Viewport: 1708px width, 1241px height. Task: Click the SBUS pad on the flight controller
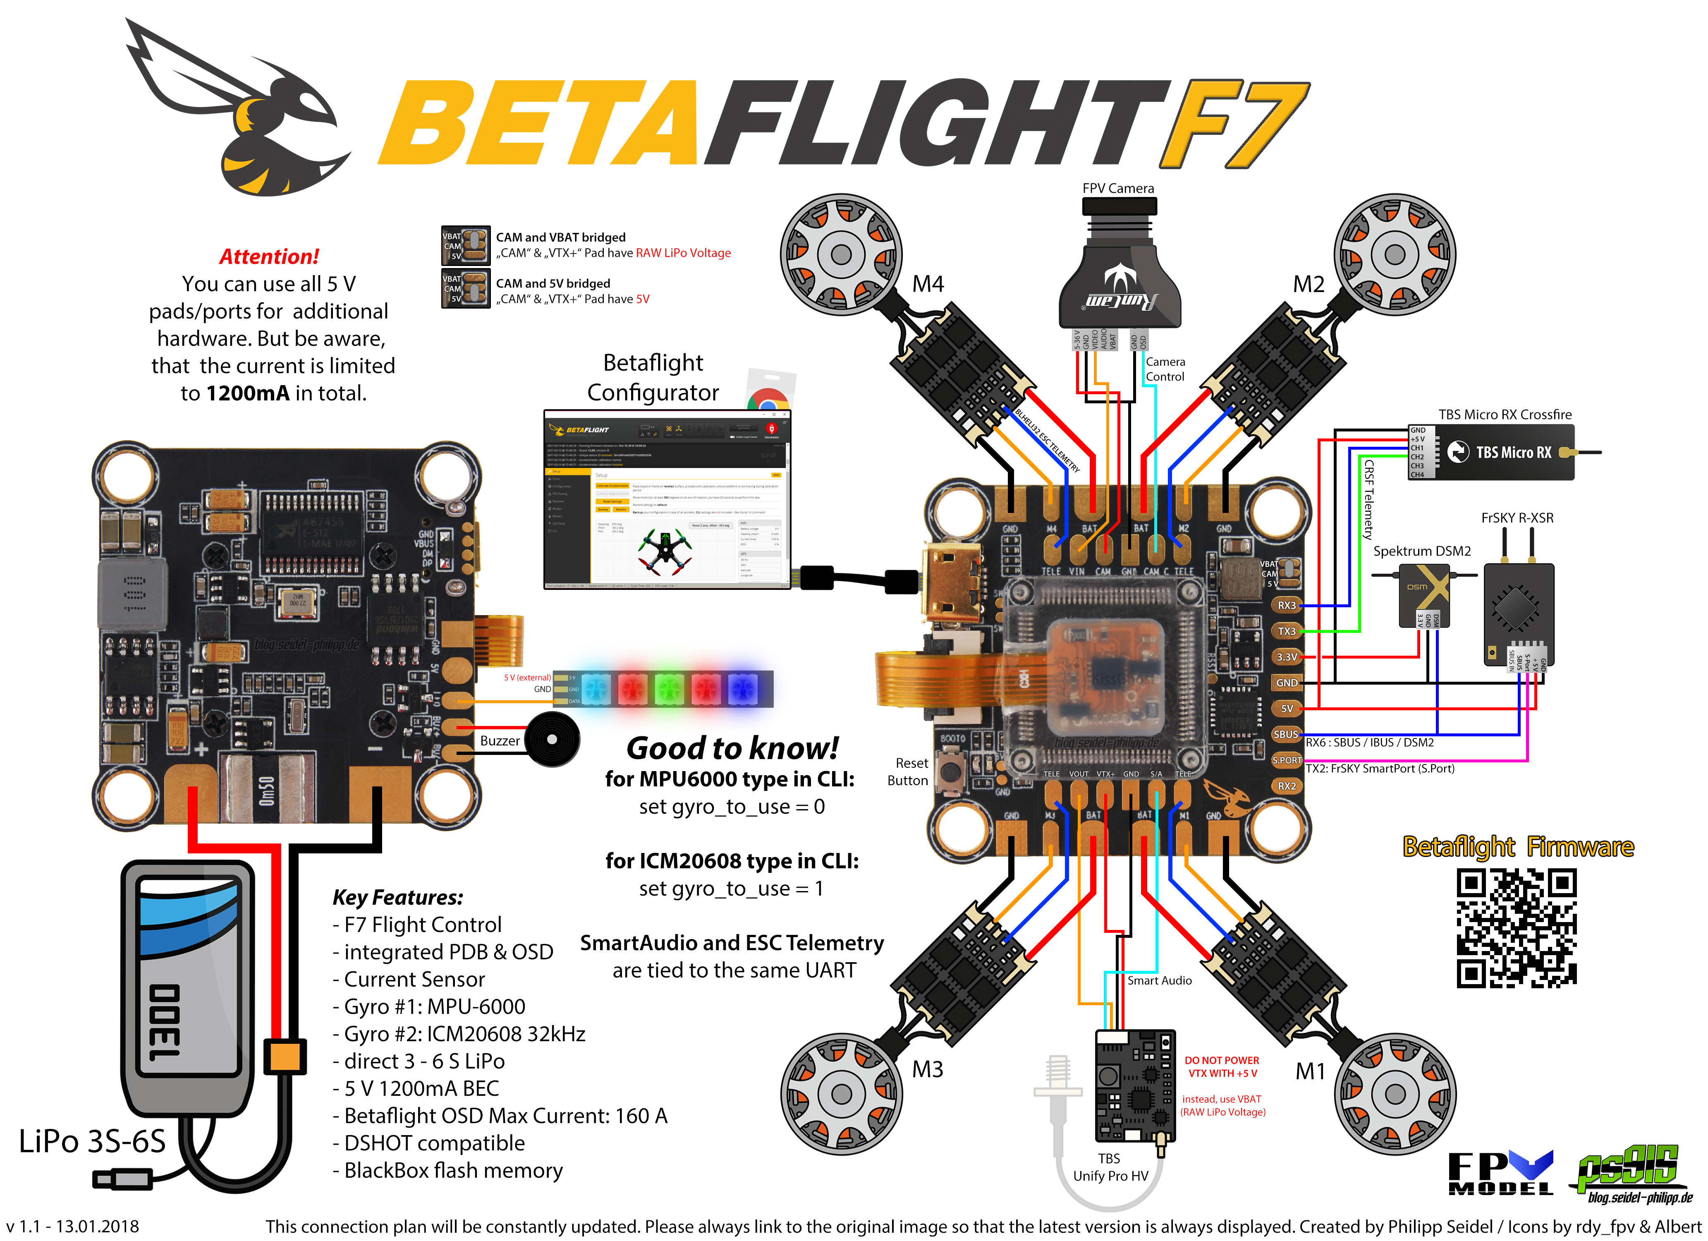click(x=1286, y=734)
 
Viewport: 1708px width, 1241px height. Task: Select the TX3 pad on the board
click(x=1286, y=631)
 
